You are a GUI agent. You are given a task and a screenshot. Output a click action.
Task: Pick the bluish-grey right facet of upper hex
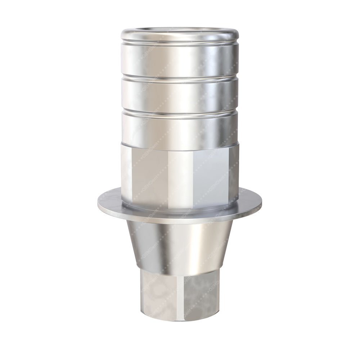click(212, 173)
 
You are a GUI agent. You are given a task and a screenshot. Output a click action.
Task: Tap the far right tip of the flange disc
click(261, 204)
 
